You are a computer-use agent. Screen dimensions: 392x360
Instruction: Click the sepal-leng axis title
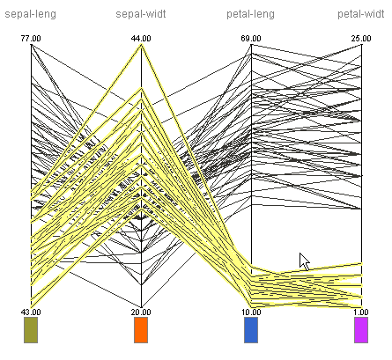31,14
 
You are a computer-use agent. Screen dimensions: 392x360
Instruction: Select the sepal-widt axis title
141,14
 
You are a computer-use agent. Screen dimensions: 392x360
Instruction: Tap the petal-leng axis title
251,14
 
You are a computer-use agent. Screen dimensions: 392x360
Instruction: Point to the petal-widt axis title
361,14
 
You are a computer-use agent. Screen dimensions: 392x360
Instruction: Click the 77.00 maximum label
31,39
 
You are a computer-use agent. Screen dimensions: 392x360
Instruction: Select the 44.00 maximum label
141,39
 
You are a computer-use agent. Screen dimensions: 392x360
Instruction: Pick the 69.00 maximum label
251,39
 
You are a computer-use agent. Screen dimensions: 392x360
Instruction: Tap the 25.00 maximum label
361,39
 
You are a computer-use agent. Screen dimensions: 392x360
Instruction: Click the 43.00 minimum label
31,312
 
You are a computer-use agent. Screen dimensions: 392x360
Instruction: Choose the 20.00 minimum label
141,312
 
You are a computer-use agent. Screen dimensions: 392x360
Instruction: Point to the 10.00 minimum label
251,312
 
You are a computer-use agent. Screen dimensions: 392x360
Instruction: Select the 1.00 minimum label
361,312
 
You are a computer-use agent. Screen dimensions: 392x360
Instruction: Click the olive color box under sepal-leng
31,330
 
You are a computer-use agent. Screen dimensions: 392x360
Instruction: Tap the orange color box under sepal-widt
141,330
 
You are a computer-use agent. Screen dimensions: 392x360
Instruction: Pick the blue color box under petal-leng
251,330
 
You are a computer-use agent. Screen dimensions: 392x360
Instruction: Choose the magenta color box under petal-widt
361,330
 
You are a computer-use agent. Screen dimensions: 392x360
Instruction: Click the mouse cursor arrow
305,261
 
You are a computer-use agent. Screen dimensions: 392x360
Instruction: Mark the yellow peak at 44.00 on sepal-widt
141,45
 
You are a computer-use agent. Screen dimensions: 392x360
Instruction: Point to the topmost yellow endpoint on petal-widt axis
361,264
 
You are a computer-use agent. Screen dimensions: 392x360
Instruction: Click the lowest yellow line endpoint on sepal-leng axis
31,307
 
